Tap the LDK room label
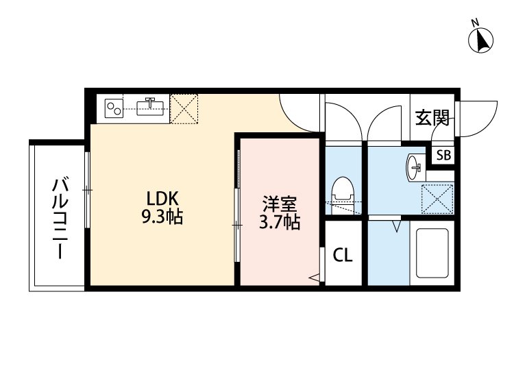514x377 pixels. (x=162, y=198)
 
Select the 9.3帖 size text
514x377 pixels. (x=162, y=219)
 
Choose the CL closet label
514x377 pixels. (x=343, y=256)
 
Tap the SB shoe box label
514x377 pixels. (x=443, y=155)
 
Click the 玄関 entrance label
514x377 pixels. (x=432, y=118)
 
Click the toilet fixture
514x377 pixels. (x=341, y=192)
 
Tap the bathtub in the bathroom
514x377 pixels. (x=432, y=252)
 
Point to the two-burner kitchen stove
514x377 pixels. (x=114, y=107)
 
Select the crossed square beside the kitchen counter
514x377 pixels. (x=184, y=107)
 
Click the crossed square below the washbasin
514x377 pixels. (x=437, y=198)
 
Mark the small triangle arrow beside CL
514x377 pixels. (x=314, y=278)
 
